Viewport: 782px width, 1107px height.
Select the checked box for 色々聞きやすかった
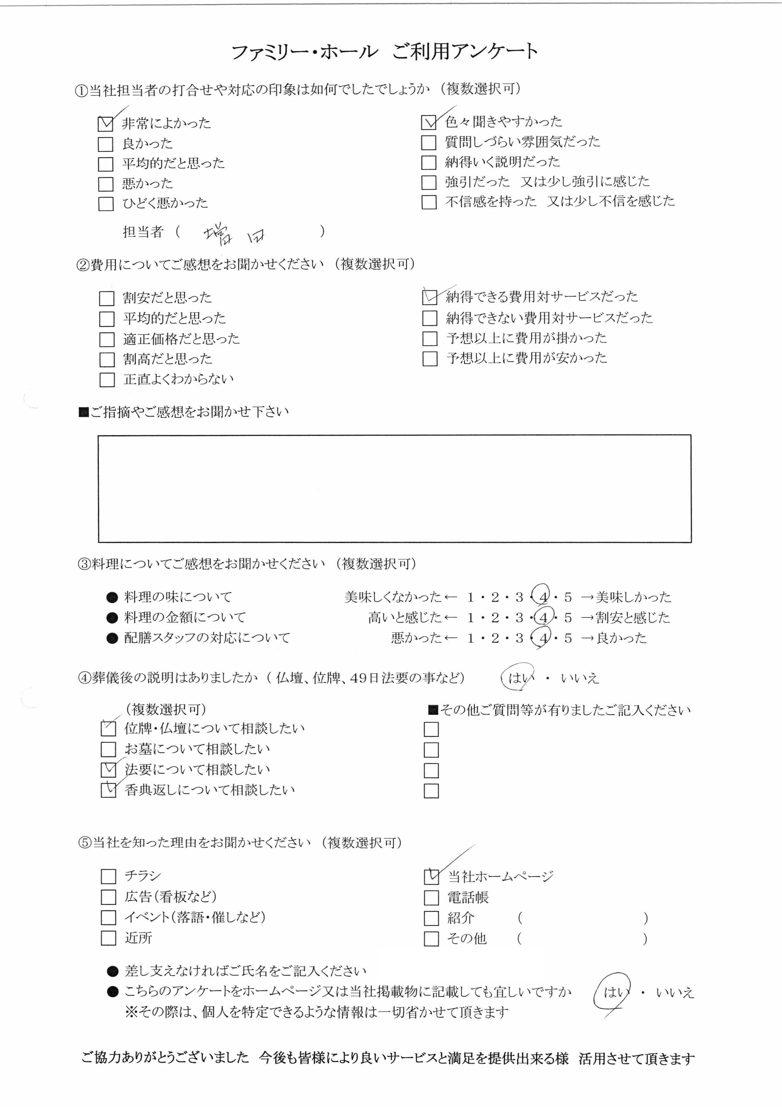(x=428, y=122)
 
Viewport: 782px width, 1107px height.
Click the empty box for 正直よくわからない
(x=107, y=380)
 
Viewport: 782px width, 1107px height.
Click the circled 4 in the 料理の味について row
(x=543, y=597)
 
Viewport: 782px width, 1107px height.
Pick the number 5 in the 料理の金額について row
(x=568, y=618)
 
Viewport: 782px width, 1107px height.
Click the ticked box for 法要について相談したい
(x=108, y=770)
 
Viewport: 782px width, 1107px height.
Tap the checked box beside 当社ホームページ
(x=431, y=876)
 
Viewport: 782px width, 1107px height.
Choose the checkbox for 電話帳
(x=431, y=898)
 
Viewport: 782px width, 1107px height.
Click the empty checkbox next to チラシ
(x=108, y=876)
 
